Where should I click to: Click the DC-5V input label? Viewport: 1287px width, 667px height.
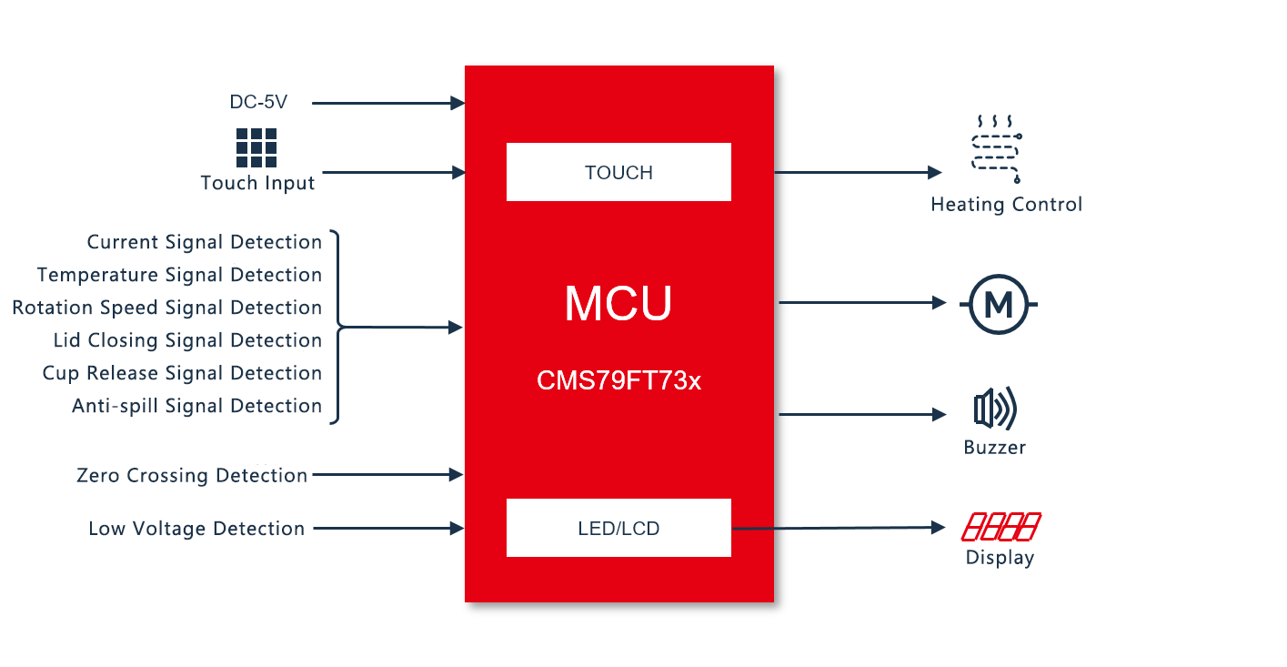pos(258,103)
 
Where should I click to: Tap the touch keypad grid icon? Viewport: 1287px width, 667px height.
pos(256,147)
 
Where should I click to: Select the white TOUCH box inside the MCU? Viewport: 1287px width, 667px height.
pos(618,172)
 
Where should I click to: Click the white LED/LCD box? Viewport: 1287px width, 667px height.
pos(618,528)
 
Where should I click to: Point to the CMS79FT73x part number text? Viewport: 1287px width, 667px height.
pos(618,380)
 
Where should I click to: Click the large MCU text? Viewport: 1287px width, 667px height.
pos(618,304)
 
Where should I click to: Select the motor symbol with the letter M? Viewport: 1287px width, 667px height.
pos(998,305)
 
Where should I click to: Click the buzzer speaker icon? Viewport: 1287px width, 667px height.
pos(994,409)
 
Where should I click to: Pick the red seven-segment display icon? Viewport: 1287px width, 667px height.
pos(1000,527)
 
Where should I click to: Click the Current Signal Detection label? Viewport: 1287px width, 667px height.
pos(205,242)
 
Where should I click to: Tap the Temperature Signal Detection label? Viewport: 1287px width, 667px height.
pos(179,275)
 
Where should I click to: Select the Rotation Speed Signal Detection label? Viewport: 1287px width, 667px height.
pos(167,308)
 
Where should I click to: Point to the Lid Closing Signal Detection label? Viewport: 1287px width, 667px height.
pos(187,340)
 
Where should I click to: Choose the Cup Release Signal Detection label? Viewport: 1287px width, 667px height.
pos(182,373)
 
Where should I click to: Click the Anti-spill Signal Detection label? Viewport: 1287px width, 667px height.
pos(196,406)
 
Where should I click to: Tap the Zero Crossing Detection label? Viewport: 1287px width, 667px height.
pos(192,475)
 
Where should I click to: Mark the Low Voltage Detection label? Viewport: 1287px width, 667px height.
pos(196,529)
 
